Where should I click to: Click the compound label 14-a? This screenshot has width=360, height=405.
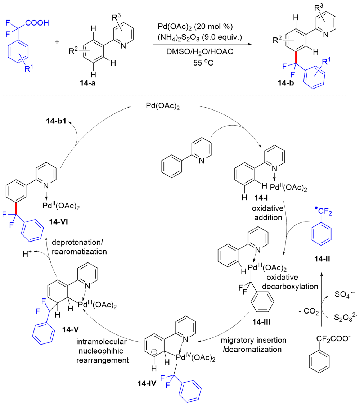click(x=87, y=83)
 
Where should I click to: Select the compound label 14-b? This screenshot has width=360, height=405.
click(x=286, y=83)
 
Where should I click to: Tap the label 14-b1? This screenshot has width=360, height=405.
click(x=56, y=121)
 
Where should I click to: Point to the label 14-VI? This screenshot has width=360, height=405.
click(x=59, y=222)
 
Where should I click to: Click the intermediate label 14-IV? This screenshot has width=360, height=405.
click(x=147, y=383)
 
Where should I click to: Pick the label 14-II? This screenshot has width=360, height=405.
click(x=322, y=258)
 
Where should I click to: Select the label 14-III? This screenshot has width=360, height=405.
click(x=261, y=322)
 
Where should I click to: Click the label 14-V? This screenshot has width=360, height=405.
click(x=71, y=329)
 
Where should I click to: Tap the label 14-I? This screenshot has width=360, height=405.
click(x=261, y=198)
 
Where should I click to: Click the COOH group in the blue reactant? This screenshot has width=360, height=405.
click(x=37, y=23)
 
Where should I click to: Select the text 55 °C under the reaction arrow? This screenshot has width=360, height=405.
click(x=203, y=63)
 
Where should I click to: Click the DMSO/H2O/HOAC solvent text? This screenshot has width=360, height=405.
click(x=200, y=52)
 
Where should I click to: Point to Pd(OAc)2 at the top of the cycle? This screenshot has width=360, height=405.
click(x=163, y=106)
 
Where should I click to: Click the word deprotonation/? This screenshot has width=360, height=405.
click(x=77, y=242)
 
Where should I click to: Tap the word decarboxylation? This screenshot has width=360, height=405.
click(x=290, y=287)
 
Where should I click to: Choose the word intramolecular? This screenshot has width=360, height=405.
click(x=102, y=342)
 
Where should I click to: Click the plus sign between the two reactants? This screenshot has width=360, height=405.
click(x=57, y=42)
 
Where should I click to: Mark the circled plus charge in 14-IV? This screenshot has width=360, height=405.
click(x=154, y=352)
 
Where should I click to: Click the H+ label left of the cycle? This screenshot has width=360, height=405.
click(x=27, y=254)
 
